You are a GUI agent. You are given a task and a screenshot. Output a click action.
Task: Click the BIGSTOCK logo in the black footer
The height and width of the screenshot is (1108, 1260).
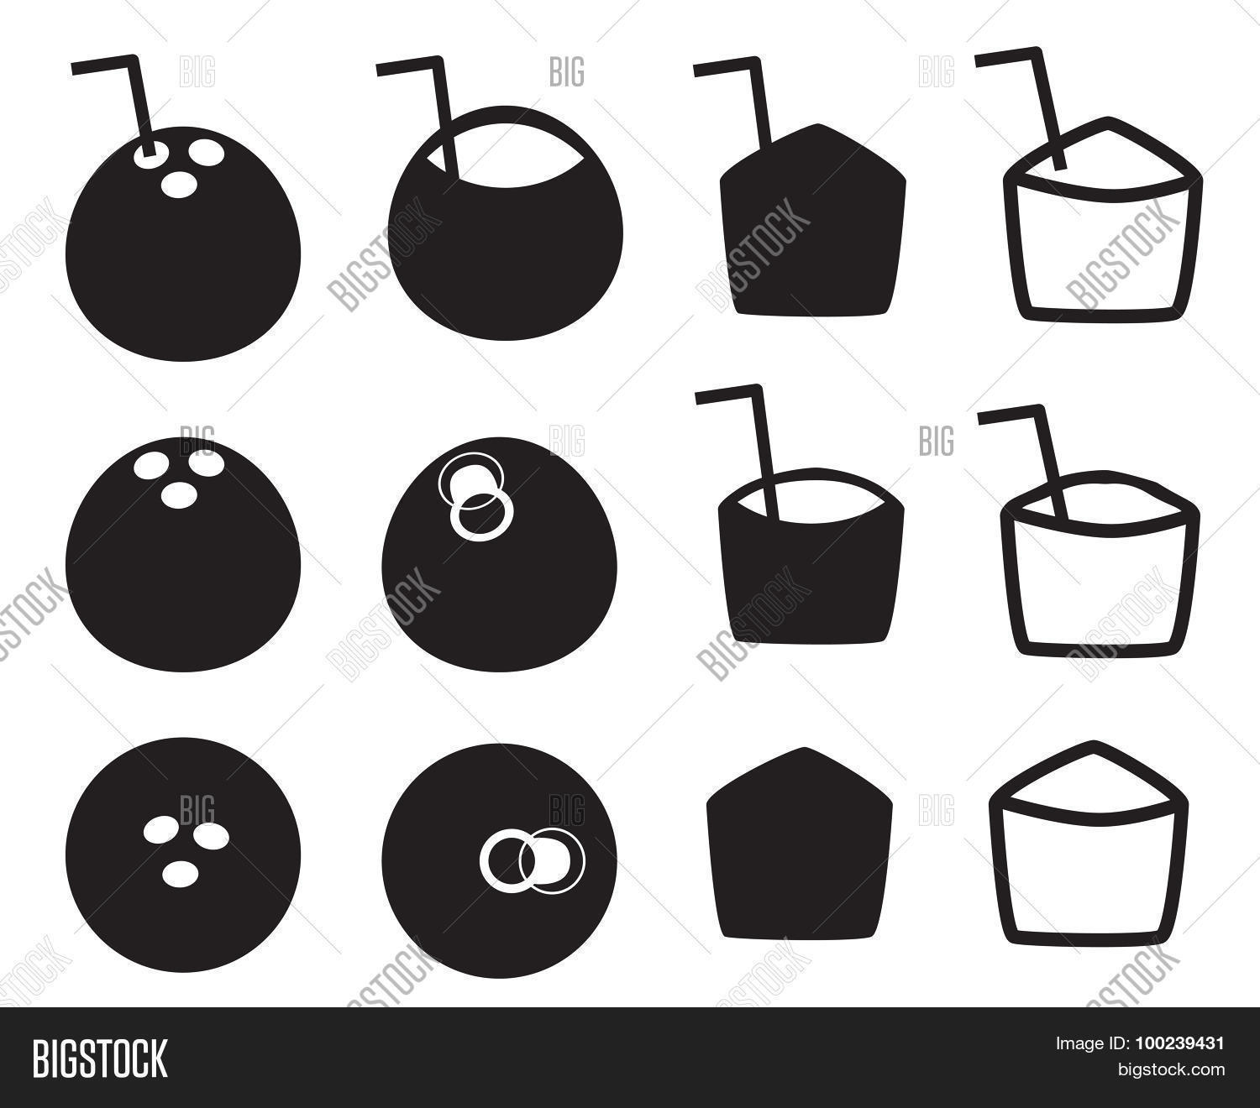coord(100,1058)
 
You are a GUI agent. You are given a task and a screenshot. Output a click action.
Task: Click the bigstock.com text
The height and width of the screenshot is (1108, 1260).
coord(1170,1069)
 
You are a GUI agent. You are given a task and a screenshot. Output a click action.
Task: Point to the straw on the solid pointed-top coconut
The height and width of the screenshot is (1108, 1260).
coord(757,101)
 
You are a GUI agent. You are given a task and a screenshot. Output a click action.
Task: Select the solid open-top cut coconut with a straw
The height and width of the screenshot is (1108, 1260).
coord(811,571)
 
